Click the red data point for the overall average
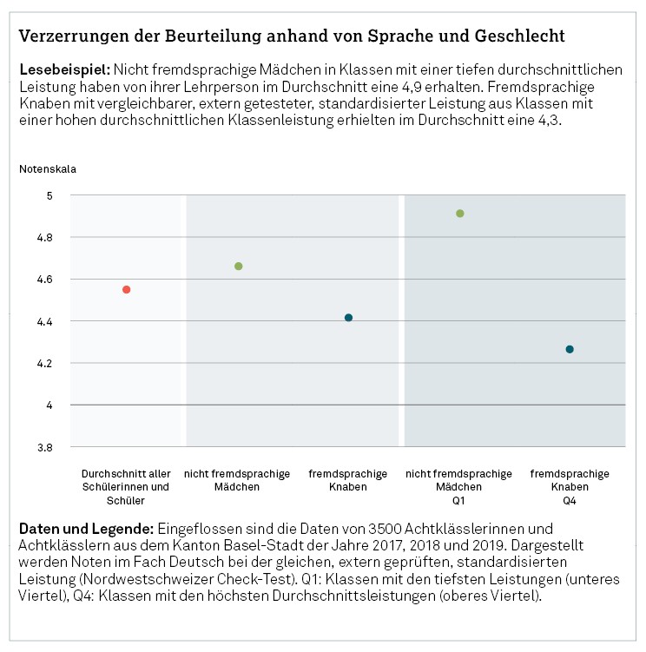click(127, 289)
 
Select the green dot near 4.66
click(239, 266)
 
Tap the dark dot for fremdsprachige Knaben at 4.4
click(348, 318)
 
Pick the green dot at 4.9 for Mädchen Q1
click(460, 213)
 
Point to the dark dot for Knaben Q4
click(570, 349)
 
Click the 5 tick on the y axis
click(50, 195)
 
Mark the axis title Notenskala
click(48, 168)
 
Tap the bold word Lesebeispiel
click(63, 68)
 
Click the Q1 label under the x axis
click(459, 500)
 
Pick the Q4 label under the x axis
click(570, 500)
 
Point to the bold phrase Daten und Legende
click(86, 529)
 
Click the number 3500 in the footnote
click(364, 529)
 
